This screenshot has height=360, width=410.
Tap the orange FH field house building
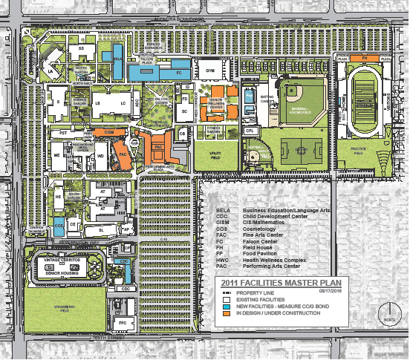(x=365, y=57)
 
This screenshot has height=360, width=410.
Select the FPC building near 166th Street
(x=121, y=324)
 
